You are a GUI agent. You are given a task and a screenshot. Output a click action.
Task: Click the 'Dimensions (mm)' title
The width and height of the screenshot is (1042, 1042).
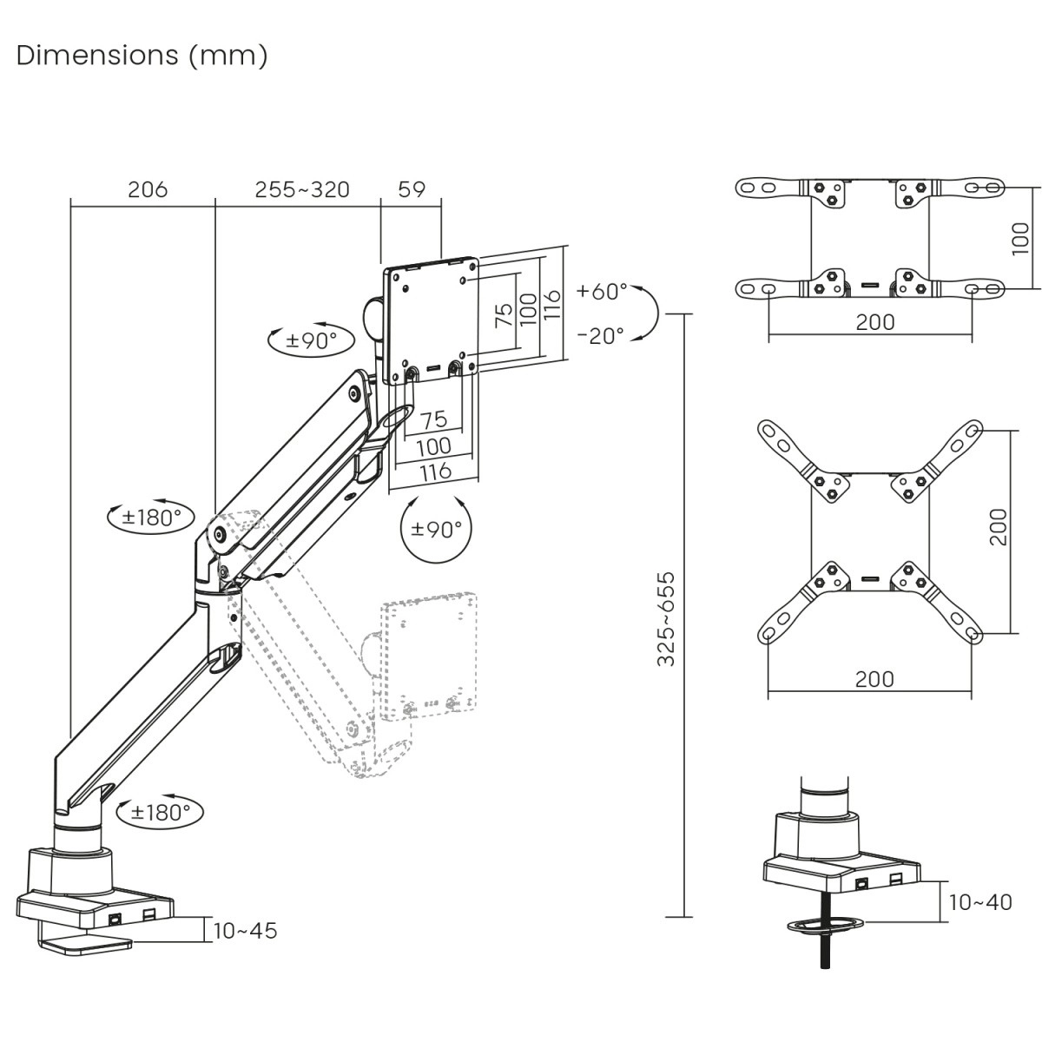point(142,56)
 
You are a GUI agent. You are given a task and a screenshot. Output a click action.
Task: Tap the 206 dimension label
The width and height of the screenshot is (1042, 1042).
point(147,189)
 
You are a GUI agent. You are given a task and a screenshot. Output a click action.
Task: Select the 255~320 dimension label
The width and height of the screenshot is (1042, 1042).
point(301,189)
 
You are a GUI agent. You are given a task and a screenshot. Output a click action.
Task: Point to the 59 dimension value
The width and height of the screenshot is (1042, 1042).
point(412,189)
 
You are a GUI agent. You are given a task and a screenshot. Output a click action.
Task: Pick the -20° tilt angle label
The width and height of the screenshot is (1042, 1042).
point(600,335)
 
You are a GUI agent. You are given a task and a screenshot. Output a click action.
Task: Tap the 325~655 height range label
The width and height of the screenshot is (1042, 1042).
point(666,618)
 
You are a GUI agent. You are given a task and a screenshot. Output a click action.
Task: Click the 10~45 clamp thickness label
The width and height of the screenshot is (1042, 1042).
point(246,931)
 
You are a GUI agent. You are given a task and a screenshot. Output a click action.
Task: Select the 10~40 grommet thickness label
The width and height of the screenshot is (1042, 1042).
point(980,902)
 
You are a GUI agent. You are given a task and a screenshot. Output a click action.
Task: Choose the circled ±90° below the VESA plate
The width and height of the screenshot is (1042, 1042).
point(436,529)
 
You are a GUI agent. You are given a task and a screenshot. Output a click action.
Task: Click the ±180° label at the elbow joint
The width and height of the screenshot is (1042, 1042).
point(151,518)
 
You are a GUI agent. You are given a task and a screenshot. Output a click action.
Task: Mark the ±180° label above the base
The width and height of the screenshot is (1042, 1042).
point(160,813)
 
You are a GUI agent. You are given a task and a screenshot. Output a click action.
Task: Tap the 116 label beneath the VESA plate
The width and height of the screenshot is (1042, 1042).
point(435,471)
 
